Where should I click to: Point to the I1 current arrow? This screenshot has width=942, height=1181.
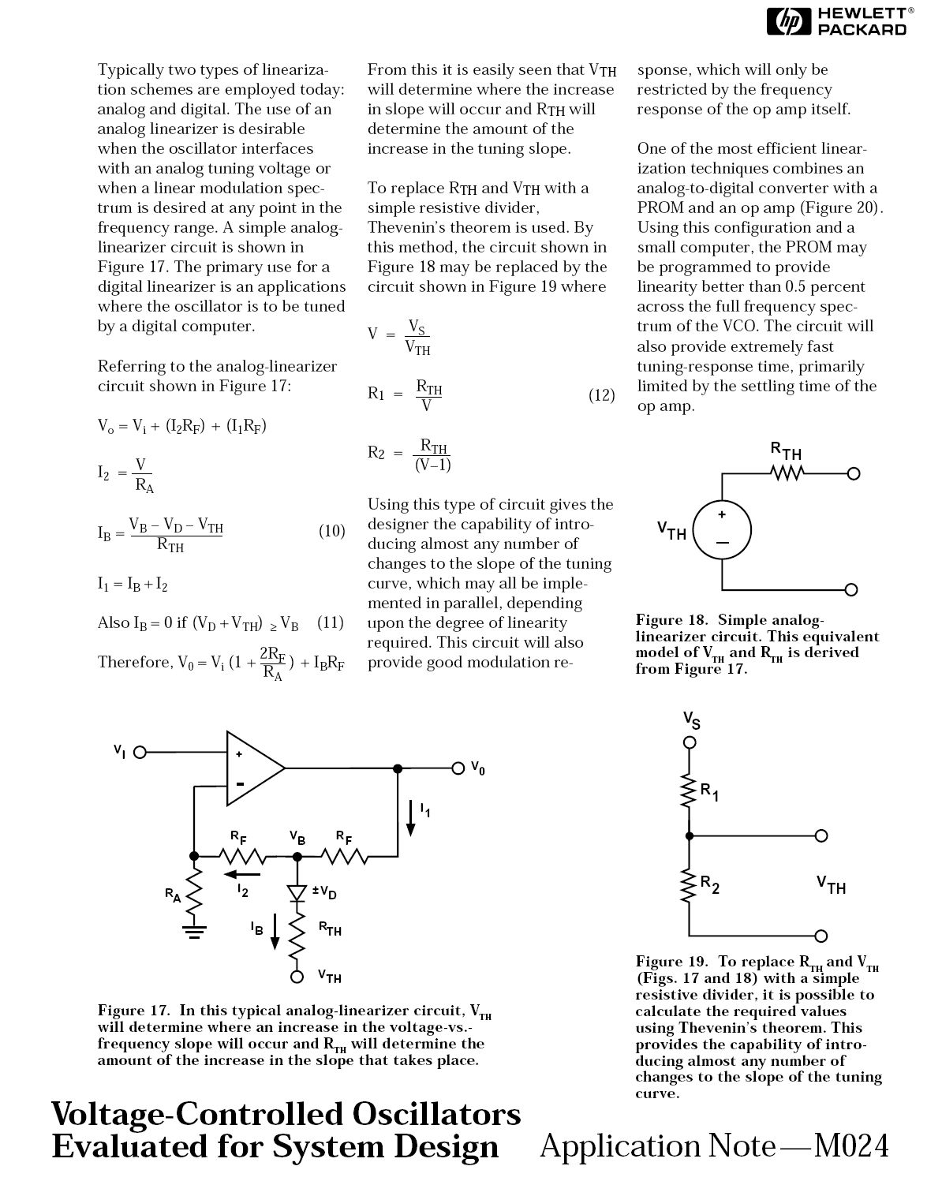pos(411,817)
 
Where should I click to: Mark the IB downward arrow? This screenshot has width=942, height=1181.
pos(275,930)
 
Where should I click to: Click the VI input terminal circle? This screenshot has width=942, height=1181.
pos(140,752)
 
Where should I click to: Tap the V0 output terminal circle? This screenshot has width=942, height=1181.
pos(458,768)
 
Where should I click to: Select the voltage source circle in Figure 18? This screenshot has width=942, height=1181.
pos(722,530)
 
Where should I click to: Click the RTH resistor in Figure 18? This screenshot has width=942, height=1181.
pos(787,473)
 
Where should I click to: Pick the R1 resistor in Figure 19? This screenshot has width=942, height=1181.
pos(689,792)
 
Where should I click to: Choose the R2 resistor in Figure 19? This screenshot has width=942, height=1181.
pos(689,888)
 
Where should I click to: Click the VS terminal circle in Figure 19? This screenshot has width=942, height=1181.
pos(689,742)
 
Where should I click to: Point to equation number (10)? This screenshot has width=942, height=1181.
pos(331,531)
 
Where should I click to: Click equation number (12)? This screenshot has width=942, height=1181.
pos(601,395)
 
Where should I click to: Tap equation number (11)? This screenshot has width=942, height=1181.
pos(331,622)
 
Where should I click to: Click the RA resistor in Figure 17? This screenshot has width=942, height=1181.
pos(193,891)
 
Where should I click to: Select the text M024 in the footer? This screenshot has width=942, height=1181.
pos(851,1145)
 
